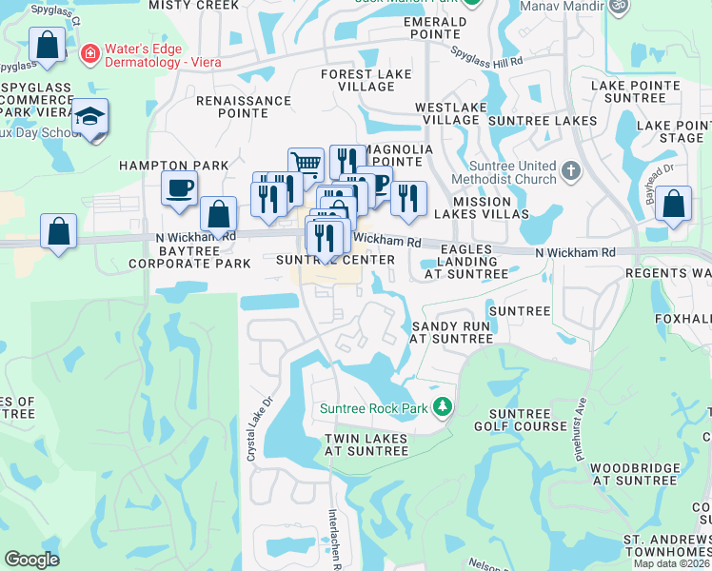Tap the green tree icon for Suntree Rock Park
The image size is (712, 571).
tap(442, 407)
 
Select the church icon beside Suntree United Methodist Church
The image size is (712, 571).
tap(570, 172)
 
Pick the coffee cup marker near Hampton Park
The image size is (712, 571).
tap(179, 188)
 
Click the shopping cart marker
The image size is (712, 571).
tap(306, 164)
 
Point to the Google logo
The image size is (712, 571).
tap(31, 559)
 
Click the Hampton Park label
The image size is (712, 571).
tap(173, 166)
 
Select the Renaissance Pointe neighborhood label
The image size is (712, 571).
tap(244, 107)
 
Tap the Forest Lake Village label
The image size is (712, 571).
tap(366, 80)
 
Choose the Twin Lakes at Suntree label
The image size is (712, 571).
tap(366, 444)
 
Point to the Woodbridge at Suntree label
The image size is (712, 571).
tap(634, 474)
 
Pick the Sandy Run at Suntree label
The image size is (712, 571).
tap(451, 331)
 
